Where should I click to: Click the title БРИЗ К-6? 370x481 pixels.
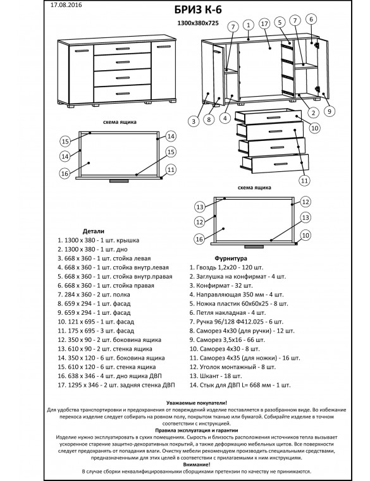(x=198, y=10)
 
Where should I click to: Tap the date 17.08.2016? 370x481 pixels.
(x=66, y=5)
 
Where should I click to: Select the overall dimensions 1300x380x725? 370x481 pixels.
(x=198, y=23)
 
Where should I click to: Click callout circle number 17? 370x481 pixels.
(x=264, y=24)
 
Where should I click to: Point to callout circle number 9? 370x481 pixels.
(x=329, y=111)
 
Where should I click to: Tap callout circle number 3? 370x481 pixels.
(x=194, y=121)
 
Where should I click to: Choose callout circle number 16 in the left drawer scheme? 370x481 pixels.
(x=65, y=174)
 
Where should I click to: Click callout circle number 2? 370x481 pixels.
(x=313, y=113)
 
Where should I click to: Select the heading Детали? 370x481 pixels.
(x=94, y=231)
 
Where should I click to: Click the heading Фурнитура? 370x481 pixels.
(x=231, y=259)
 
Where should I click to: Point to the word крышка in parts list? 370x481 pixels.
(x=126, y=240)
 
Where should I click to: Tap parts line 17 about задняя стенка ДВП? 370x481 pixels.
(x=116, y=385)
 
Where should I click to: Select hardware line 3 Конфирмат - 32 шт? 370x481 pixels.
(x=221, y=286)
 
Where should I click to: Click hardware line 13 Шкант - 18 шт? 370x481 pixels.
(x=216, y=376)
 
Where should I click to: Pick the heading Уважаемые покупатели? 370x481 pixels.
(x=197, y=403)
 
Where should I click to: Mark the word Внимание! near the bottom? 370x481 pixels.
(x=197, y=465)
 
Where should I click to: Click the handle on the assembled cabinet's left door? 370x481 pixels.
(x=82, y=51)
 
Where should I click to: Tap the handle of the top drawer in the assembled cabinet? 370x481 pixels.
(x=123, y=48)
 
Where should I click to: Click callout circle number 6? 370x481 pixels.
(x=311, y=20)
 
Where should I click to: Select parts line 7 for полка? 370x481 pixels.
(x=94, y=295)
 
